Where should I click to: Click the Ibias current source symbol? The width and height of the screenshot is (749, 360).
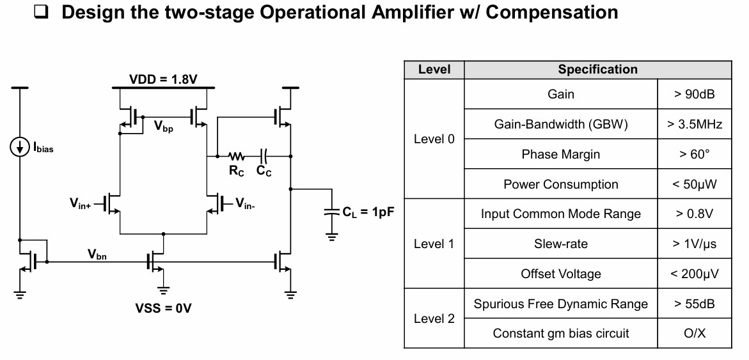(20, 147)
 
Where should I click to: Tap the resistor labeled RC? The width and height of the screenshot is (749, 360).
(237, 156)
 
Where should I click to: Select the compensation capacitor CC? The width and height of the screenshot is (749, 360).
(264, 156)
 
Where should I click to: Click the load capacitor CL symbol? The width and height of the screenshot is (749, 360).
(331, 212)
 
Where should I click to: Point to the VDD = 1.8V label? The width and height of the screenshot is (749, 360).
(163, 79)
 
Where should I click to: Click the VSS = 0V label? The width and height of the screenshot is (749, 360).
(163, 308)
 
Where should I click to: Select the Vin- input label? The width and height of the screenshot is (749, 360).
(246, 204)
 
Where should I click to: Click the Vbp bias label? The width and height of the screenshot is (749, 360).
(164, 127)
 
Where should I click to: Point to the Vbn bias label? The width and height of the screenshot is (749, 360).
(97, 254)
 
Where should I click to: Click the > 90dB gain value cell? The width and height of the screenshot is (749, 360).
(694, 94)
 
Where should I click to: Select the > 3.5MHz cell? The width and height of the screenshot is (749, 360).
(694, 125)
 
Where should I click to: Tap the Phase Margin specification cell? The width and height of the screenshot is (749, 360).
(560, 155)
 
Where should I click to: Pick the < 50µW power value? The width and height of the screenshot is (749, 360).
(694, 185)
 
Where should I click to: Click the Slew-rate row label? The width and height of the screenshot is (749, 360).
(560, 244)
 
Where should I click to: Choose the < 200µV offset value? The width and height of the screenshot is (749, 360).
(694, 274)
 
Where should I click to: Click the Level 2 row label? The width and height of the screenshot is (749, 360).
(434, 318)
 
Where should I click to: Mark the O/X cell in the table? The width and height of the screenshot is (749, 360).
(694, 333)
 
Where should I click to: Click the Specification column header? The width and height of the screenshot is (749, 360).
(597, 69)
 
